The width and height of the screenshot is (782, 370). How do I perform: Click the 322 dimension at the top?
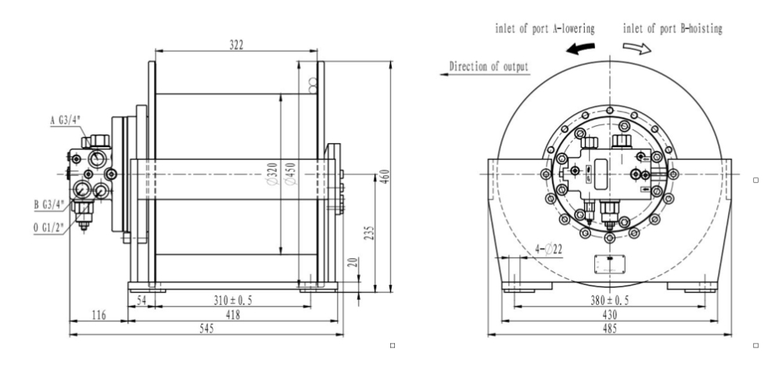236,45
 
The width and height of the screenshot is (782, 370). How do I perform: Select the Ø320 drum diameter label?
272,174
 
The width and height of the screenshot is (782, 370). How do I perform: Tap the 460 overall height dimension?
386,176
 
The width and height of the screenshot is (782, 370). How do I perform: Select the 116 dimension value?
99,314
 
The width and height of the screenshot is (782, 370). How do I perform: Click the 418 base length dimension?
233,314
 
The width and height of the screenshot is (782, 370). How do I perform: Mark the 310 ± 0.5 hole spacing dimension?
233,300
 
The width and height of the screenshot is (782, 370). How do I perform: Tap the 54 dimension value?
142,300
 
